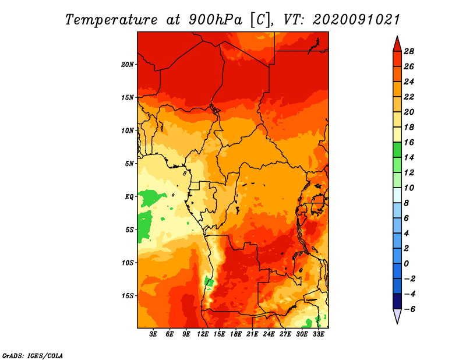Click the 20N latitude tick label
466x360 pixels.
tap(128, 65)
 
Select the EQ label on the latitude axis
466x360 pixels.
tap(129, 197)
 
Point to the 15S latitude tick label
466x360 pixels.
tap(128, 296)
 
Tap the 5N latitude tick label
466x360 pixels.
tap(129, 164)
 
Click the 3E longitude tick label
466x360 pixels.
tap(153, 334)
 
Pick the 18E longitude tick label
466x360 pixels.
tap(236, 334)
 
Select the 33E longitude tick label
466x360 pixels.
tap(318, 334)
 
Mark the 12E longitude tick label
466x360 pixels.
tap(203, 334)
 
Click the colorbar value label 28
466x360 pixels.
tap(409, 51)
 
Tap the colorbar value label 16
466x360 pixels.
tap(409, 142)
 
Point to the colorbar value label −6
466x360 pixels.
tap(409, 309)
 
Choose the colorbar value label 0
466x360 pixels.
tap(406, 264)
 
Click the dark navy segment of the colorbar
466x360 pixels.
tap(397, 301)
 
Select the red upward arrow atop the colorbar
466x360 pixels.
tap(397, 45)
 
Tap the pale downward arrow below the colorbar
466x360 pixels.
tap(397, 316)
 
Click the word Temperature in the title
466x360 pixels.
tap(111, 20)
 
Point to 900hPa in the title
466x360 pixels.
tap(216, 20)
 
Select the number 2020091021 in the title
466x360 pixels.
tap(356, 20)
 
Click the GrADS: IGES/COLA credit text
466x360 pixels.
tap(33, 355)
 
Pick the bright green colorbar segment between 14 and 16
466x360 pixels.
tap(397, 150)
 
